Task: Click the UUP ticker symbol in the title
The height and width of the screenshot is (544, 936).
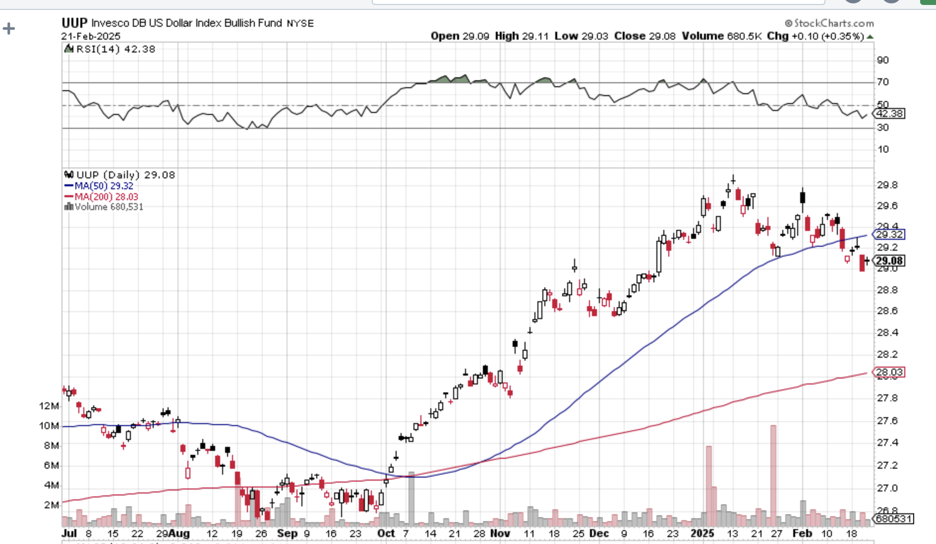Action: pyautogui.click(x=74, y=23)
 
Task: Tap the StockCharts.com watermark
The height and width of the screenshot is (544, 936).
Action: pyautogui.click(x=829, y=23)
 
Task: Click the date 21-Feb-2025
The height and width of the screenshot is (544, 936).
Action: pyautogui.click(x=91, y=36)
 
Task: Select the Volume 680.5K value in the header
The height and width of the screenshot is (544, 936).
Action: pyautogui.click(x=721, y=36)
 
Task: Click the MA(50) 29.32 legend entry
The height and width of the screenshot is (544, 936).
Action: pyautogui.click(x=99, y=186)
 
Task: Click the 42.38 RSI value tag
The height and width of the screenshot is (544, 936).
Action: pyautogui.click(x=889, y=113)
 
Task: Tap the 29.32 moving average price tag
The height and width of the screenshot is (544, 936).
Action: pyautogui.click(x=889, y=234)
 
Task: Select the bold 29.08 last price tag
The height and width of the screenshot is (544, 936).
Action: pyautogui.click(x=889, y=261)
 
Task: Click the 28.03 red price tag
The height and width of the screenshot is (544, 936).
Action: pyautogui.click(x=889, y=372)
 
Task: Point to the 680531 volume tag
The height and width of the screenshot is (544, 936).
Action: pyautogui.click(x=892, y=519)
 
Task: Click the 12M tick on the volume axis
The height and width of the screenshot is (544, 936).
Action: pyautogui.click(x=49, y=406)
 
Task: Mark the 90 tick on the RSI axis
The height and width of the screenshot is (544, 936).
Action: pyautogui.click(x=882, y=60)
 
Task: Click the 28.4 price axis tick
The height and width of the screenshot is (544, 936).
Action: pyautogui.click(x=887, y=332)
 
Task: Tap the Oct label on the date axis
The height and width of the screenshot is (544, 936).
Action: pyautogui.click(x=386, y=534)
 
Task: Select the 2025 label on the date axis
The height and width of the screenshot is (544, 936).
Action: pyautogui.click(x=702, y=534)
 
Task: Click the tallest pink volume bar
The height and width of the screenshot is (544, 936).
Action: pyautogui.click(x=773, y=476)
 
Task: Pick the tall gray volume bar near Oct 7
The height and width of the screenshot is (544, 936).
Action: pyautogui.click(x=411, y=498)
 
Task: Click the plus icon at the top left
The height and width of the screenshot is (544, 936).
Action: pyautogui.click(x=8, y=28)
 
